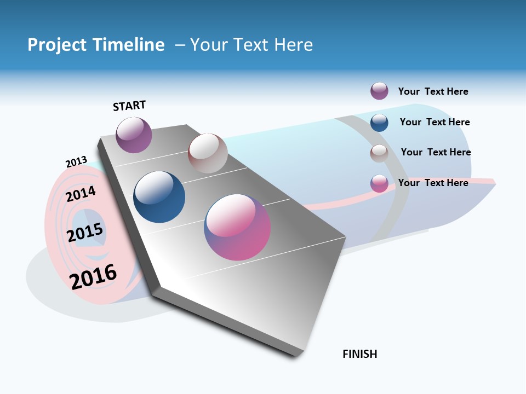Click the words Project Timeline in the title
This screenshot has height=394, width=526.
[96, 45]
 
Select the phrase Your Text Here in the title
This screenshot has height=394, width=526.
[251, 45]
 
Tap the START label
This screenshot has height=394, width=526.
[129, 106]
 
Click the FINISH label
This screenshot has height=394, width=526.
[359, 354]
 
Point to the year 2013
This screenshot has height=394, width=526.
[76, 162]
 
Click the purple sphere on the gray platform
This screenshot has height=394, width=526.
[134, 135]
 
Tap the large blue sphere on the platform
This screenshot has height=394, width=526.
[159, 197]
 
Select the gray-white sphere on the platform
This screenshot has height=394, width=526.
[208, 153]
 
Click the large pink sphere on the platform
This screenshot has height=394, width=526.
[237, 227]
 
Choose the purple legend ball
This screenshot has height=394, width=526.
[379, 91]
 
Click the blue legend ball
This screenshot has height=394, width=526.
[379, 123]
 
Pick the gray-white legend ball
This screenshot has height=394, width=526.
[379, 153]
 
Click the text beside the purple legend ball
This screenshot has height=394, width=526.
[433, 91]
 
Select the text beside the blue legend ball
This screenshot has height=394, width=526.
[434, 122]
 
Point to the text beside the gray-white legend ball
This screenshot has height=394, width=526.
[436, 152]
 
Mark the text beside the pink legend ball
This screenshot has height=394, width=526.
[433, 183]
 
